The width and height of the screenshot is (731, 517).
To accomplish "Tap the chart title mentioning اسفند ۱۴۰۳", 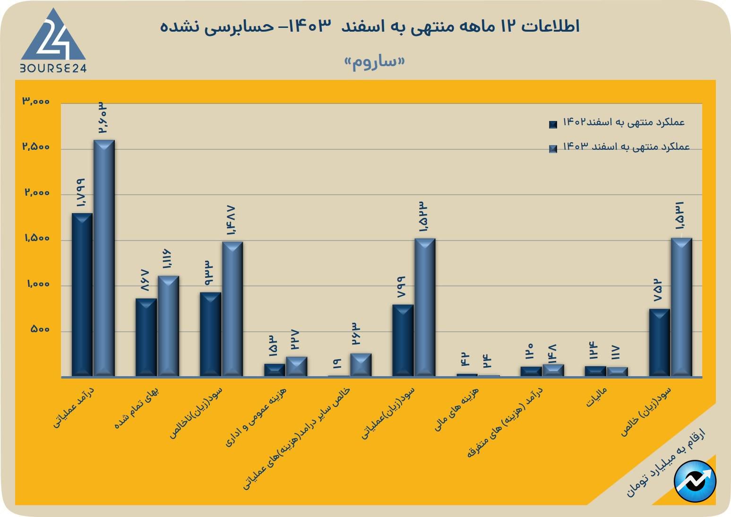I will [x=370, y=26].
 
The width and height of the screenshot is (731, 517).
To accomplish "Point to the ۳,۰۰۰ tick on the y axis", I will [x=35, y=102].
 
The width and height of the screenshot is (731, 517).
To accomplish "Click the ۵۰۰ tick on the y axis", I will [x=40, y=329].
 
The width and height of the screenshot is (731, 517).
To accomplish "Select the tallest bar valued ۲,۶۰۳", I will [x=104, y=258].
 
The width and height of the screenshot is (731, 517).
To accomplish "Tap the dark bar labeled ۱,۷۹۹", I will [x=82, y=294].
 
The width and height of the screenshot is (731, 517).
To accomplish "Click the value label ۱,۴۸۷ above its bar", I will [x=232, y=221].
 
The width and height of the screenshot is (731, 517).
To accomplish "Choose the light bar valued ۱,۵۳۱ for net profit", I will [x=681, y=307].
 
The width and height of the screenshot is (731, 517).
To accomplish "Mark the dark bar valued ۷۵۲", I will [x=659, y=343].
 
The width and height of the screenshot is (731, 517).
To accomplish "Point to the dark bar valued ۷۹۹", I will [x=403, y=340].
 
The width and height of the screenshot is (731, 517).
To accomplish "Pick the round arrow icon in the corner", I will [x=695, y=482].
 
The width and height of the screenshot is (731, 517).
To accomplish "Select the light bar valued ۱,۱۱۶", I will [x=168, y=326].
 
